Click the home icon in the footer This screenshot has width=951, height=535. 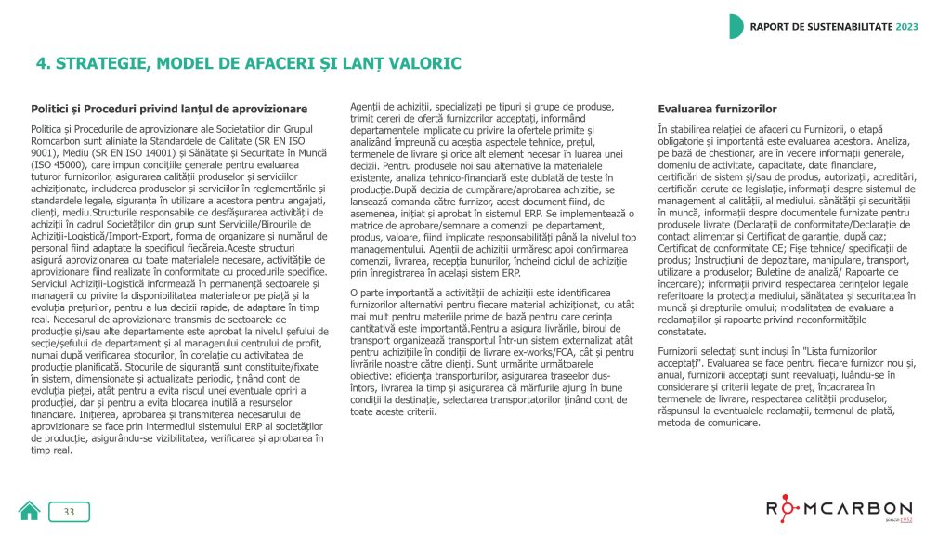click(x=29, y=512)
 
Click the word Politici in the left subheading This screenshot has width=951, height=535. click(x=53, y=109)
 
